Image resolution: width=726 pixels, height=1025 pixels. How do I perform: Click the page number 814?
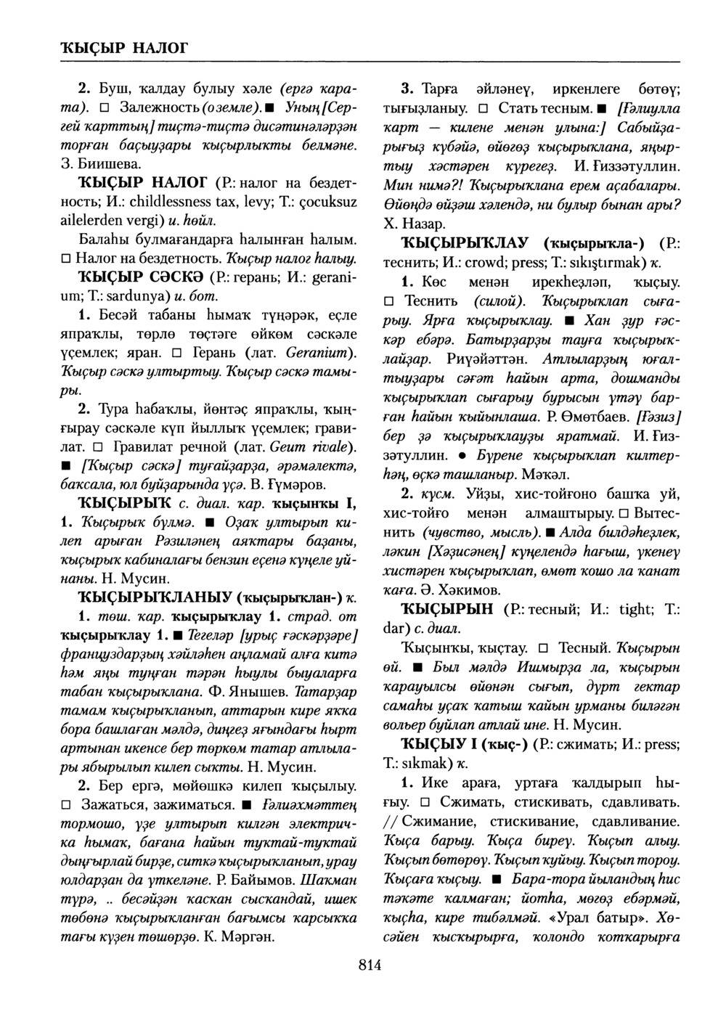pyautogui.click(x=370, y=964)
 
